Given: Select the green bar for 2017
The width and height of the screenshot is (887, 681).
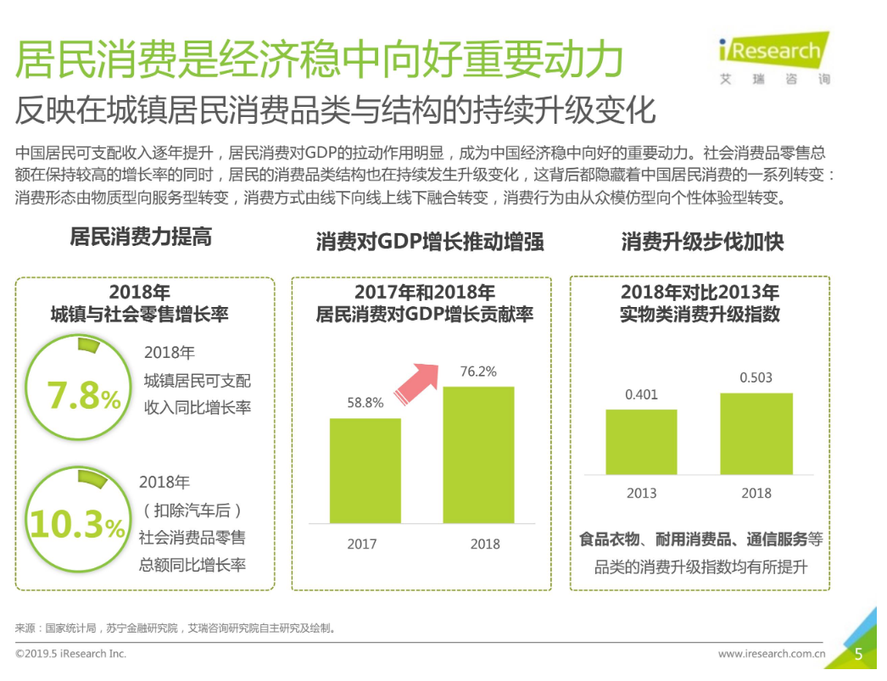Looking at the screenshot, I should (365, 471).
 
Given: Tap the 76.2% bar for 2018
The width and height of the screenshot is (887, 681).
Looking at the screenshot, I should (478, 455).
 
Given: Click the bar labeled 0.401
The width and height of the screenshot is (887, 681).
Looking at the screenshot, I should (641, 441).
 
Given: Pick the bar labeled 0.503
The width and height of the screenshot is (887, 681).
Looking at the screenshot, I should (756, 433).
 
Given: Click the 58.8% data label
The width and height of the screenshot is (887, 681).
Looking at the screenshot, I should (365, 403).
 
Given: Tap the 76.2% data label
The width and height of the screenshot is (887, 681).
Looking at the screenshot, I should (478, 371).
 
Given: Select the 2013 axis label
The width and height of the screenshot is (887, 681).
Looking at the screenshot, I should (641, 493).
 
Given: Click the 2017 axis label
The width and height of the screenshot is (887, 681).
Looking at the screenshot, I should (362, 544).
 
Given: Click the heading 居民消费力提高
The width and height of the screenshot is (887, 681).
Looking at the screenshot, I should (141, 237).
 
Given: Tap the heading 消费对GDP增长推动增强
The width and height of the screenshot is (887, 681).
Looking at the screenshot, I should (430, 242).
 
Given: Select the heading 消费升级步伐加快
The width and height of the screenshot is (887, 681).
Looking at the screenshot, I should (702, 242).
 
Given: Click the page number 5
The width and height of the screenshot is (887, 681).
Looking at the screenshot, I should (858, 654).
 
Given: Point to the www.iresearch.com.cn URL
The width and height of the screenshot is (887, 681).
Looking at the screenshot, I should (772, 654).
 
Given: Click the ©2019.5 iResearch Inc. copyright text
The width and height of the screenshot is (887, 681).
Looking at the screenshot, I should (70, 654).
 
